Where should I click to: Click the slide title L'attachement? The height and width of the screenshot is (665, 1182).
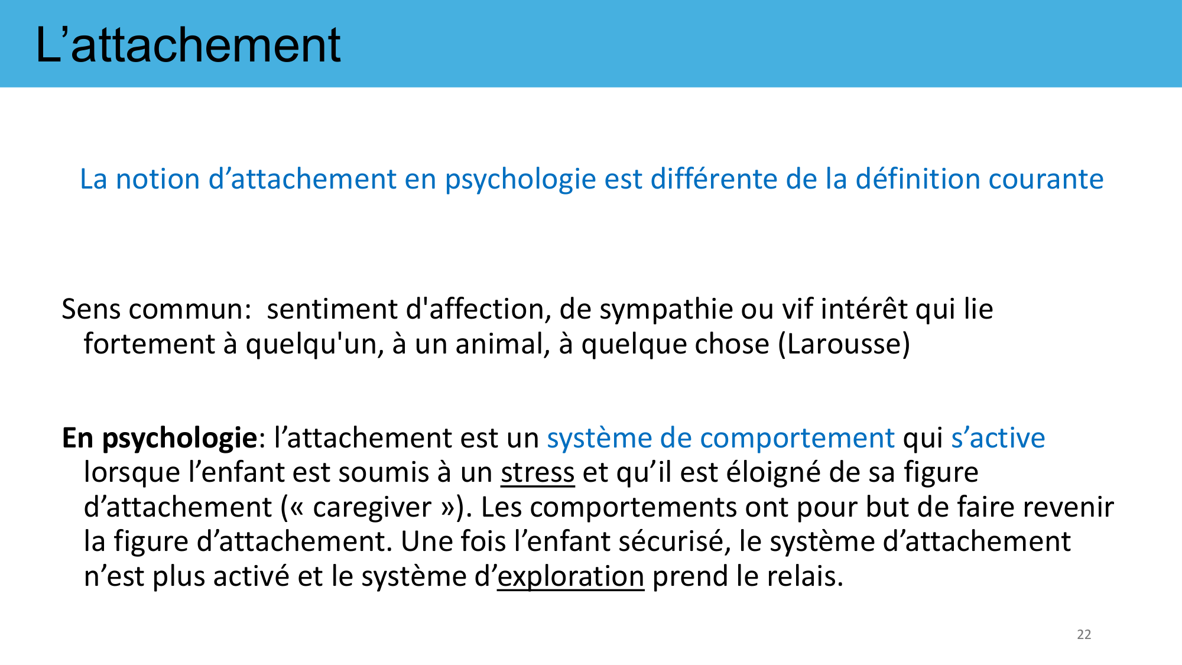[x=188, y=45]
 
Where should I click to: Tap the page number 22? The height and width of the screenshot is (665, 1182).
[x=1084, y=634]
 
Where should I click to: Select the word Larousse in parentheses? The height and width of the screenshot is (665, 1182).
[x=844, y=344]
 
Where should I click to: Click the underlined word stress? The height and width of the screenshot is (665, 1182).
[x=537, y=472]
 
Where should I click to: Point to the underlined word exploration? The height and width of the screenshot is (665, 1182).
[x=570, y=576]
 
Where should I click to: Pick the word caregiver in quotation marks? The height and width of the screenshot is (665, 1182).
[x=372, y=507]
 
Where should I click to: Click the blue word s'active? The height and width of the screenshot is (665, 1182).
[x=998, y=438]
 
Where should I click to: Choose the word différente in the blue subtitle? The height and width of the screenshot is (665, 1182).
[x=714, y=179]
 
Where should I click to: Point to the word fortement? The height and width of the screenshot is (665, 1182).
[x=150, y=344]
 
